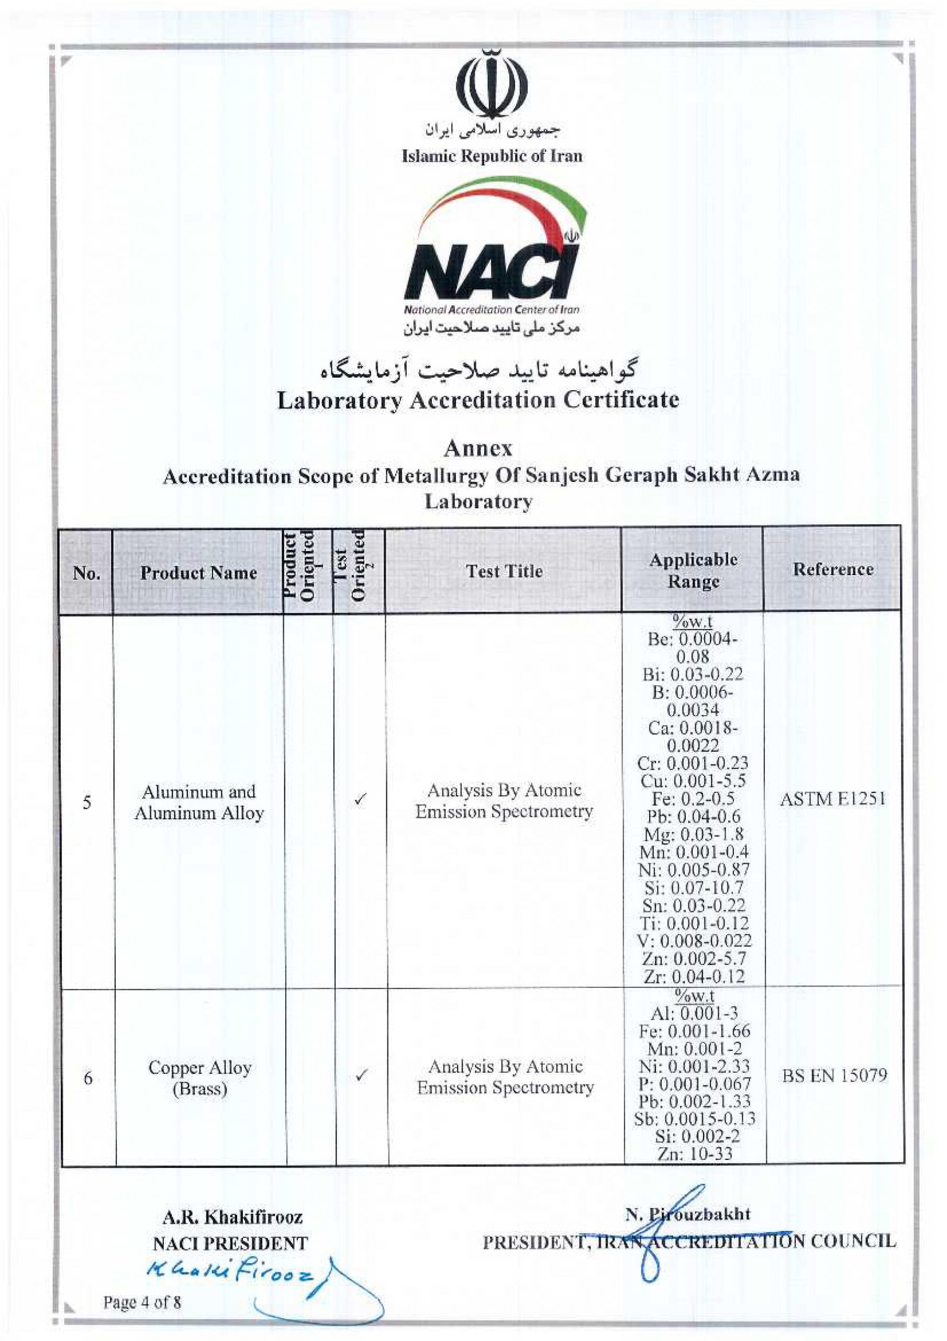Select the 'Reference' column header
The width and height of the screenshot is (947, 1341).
pyautogui.click(x=832, y=569)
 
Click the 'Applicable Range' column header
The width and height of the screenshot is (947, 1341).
pyautogui.click(x=693, y=570)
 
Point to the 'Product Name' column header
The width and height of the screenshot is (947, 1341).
pyautogui.click(x=198, y=573)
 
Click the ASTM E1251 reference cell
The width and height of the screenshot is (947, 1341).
pyautogui.click(x=832, y=798)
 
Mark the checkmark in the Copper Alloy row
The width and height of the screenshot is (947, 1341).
pyautogui.click(x=361, y=1075)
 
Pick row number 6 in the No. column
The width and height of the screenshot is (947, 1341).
pyautogui.click(x=88, y=1078)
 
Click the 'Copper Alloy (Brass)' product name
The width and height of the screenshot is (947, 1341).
pyautogui.click(x=199, y=1078)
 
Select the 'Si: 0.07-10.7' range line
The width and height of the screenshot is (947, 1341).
pyautogui.click(x=694, y=888)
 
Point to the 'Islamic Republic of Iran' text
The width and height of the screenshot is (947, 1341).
pyautogui.click(x=492, y=157)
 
